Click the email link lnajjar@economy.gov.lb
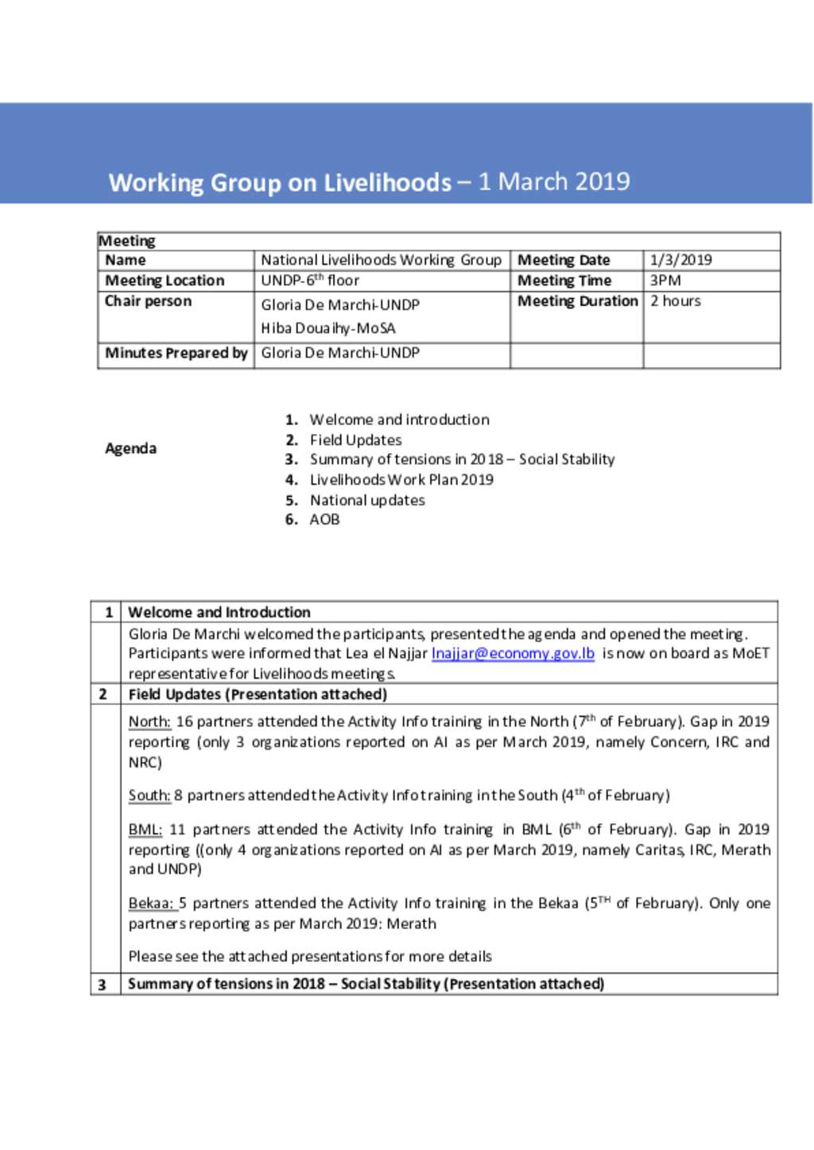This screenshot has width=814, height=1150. (x=513, y=653)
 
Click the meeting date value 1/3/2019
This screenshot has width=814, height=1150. (x=680, y=260)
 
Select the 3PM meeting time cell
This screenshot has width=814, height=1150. (x=665, y=281)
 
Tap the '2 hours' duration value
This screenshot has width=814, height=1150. (x=676, y=301)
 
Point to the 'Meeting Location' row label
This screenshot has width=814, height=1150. (x=165, y=281)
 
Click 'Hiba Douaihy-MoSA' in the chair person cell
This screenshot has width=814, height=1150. (x=328, y=328)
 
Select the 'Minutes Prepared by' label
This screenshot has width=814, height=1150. (x=176, y=353)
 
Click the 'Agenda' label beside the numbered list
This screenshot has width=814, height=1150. (x=130, y=448)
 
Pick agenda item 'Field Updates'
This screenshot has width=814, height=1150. (x=355, y=439)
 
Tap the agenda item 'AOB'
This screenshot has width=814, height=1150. (x=324, y=519)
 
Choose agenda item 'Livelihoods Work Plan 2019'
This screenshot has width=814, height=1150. (x=401, y=479)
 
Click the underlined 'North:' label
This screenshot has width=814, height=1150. (x=149, y=722)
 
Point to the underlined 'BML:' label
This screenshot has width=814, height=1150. (x=145, y=830)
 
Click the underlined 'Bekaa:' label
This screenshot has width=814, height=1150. (x=151, y=904)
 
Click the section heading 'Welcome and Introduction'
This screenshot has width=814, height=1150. (x=219, y=612)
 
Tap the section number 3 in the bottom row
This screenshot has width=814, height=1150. (x=102, y=985)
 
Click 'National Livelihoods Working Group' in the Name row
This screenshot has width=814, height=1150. (x=381, y=260)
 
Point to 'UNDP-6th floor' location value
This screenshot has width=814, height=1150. (x=310, y=281)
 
